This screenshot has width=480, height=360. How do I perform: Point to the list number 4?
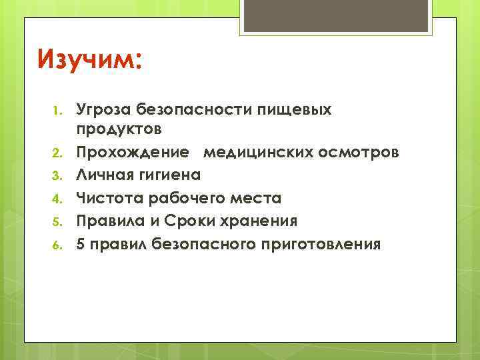pyautogui.click(x=58, y=199)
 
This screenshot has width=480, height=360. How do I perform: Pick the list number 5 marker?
pyautogui.click(x=58, y=222)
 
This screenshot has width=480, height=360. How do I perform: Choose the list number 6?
pyautogui.click(x=58, y=245)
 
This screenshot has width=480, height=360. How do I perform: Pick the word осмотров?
pyautogui.click(x=360, y=153)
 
